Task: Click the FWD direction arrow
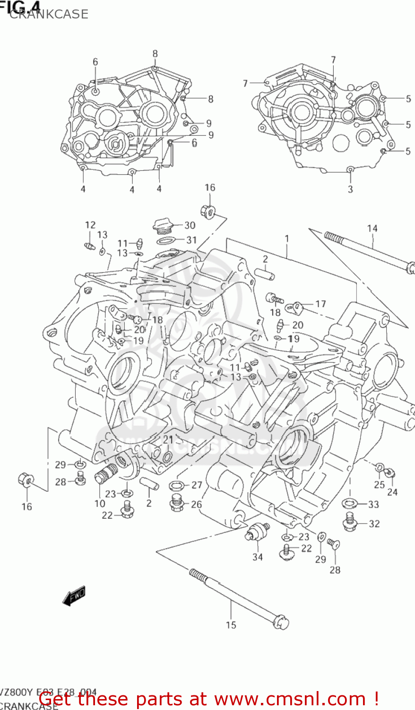point(74,595)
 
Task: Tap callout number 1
point(286,239)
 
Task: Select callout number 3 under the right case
point(350,189)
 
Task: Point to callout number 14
point(372,229)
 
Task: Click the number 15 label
point(231,625)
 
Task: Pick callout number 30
point(190,225)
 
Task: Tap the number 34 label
point(257,557)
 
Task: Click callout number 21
point(168,440)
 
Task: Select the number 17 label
point(320,304)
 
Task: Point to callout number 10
point(100,504)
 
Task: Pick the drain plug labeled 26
point(177,503)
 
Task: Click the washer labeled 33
point(349,503)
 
